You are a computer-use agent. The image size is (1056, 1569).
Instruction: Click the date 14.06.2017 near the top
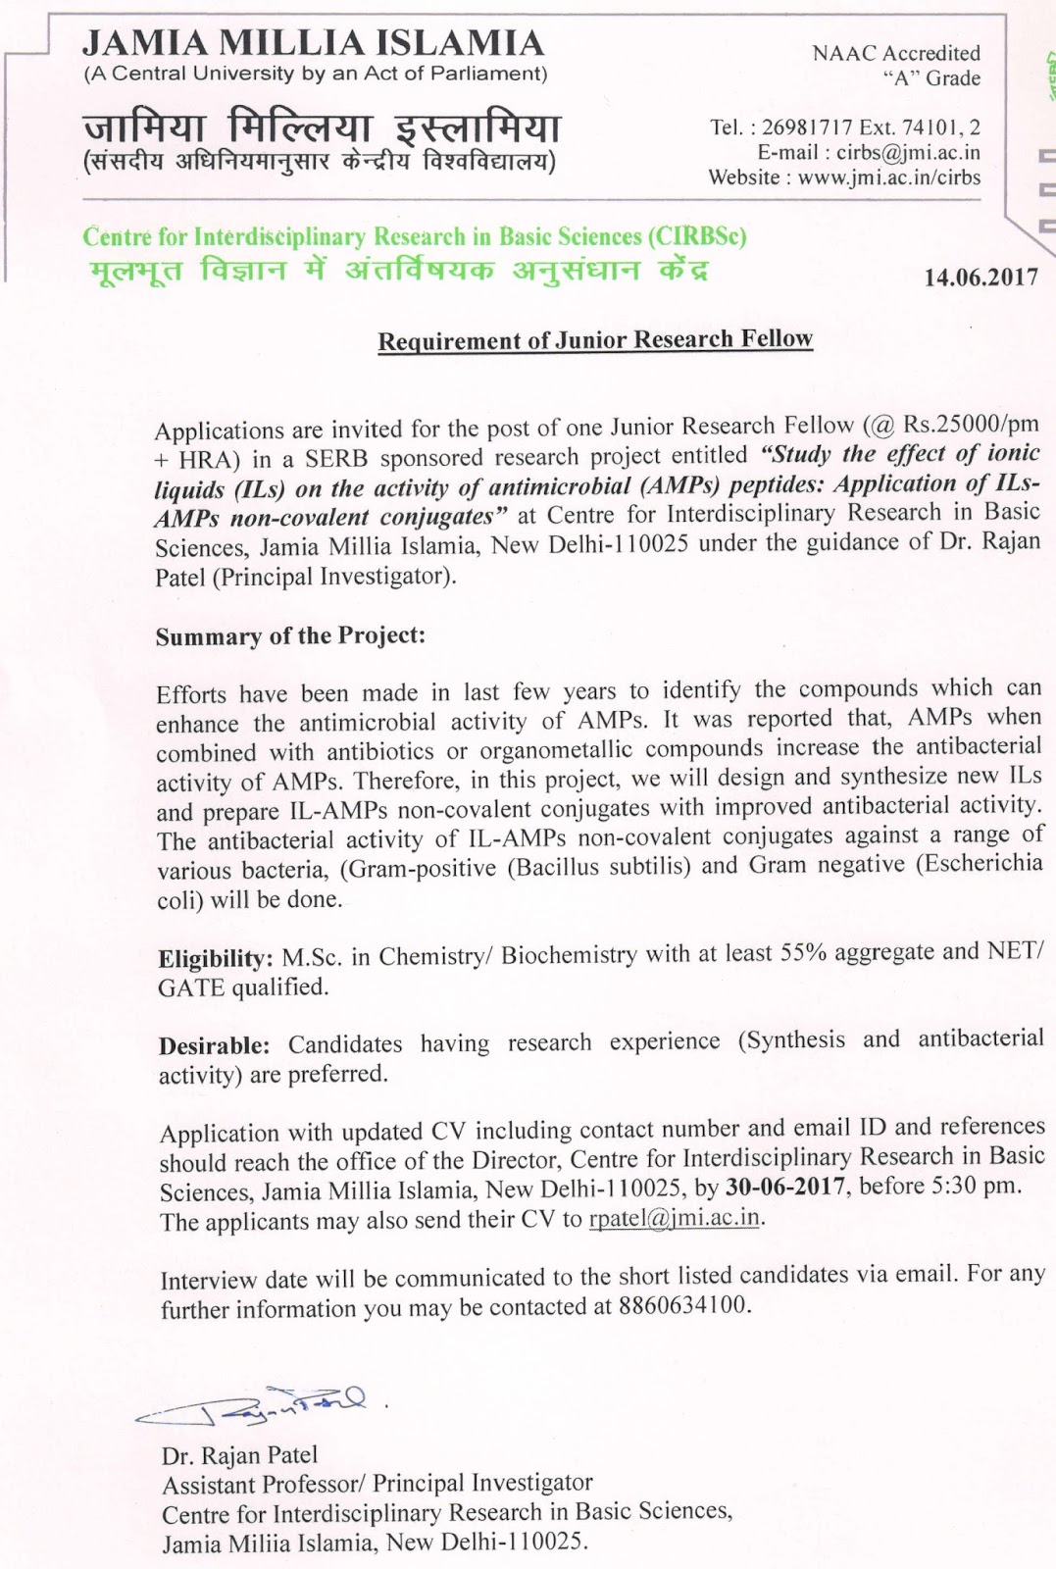981,278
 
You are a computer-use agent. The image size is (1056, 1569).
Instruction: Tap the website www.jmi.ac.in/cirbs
888,177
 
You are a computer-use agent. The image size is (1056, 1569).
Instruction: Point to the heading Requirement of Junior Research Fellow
595,339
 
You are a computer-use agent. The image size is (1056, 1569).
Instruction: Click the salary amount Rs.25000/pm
971,424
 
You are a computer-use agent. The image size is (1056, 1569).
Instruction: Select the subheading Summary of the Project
290,635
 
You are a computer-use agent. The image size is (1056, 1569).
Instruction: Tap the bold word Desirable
213,1045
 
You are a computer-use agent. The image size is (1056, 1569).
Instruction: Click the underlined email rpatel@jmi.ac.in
675,1218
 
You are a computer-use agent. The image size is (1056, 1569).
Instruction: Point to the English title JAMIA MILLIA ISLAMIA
313,43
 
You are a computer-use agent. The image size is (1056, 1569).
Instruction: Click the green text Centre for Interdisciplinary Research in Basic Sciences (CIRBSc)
414,236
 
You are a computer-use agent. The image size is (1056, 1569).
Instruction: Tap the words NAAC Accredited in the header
895,54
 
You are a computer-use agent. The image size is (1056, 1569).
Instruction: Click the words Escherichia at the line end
980,864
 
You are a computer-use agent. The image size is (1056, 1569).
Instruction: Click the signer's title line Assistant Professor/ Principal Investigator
377,1483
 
